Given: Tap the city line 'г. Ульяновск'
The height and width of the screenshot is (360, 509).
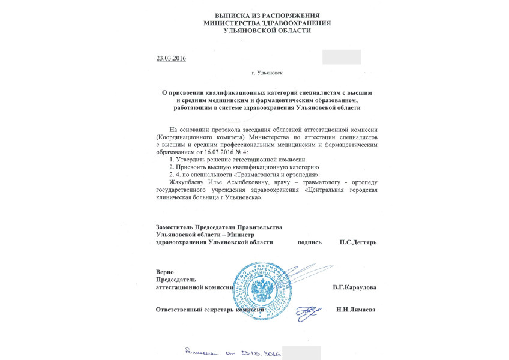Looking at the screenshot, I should click(267, 73).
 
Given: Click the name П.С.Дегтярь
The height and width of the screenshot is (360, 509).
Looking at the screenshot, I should click(358, 242).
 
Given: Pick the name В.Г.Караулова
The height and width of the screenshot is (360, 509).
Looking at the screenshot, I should click(355, 287).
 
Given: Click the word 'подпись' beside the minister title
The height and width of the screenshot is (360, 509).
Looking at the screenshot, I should click(309, 242).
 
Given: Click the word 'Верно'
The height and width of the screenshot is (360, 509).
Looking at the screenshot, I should click(164, 272).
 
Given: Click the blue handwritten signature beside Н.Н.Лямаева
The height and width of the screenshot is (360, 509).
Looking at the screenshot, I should click(307, 311).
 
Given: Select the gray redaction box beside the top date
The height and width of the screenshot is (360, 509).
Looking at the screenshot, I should click(342, 57).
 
